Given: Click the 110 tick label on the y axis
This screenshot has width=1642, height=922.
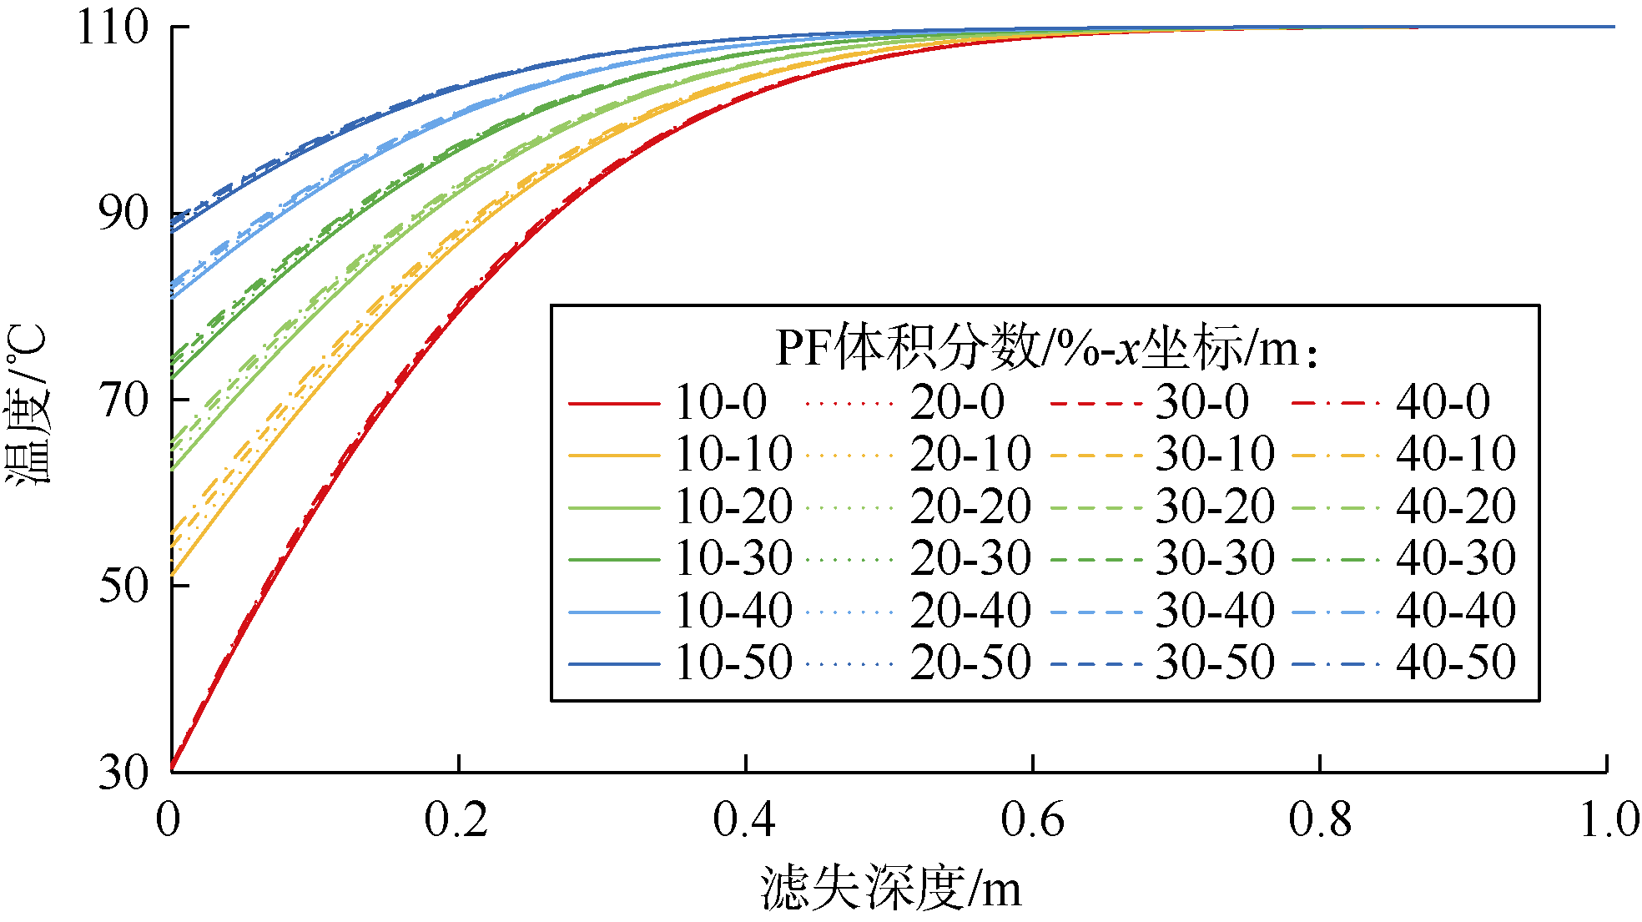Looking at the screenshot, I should (113, 28).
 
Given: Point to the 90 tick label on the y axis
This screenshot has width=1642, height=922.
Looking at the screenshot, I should (123, 214).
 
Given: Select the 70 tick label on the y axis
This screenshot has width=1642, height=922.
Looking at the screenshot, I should (123, 401).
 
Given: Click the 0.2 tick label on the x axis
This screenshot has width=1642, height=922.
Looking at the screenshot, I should (456, 819).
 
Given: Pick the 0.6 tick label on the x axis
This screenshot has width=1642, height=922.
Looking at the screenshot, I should (1033, 819).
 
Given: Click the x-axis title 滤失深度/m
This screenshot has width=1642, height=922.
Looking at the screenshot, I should (890, 888).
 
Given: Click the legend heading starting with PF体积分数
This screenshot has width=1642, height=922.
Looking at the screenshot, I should (1046, 347).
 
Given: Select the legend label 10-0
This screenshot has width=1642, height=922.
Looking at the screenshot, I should (721, 402).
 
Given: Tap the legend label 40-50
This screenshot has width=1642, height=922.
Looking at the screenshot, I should (1456, 663).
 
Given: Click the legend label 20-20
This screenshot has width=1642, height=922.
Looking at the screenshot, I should (970, 506).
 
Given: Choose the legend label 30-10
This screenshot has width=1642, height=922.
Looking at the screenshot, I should (1215, 454).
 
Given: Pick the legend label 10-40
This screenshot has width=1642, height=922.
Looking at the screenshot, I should (733, 611).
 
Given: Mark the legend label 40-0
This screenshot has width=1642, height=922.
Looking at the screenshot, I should (1443, 402).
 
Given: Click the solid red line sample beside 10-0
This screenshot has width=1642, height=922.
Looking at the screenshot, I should (614, 404).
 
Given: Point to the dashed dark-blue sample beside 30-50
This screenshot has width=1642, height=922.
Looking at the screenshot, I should (1096, 664).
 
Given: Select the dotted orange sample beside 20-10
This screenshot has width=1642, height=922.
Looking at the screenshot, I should (849, 456).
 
